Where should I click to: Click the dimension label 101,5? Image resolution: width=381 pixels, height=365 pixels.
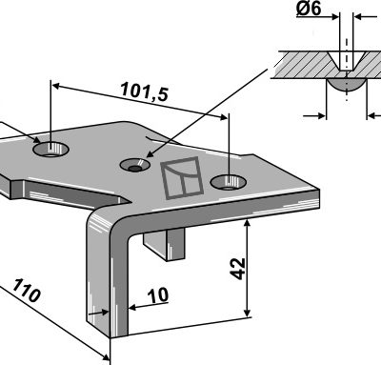coord(145,91)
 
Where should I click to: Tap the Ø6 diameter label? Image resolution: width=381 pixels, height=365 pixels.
coord(309,9)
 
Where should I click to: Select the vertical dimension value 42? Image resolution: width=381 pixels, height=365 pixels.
coord(238,269)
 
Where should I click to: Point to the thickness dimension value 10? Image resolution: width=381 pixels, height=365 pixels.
coord(158,295)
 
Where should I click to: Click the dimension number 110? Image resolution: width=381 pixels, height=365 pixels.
coord(27,291)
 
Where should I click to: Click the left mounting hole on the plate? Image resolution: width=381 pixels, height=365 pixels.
coord(50,150)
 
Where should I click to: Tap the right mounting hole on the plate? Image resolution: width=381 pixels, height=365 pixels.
coord(229,182)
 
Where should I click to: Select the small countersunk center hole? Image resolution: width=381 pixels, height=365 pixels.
coord(134,165)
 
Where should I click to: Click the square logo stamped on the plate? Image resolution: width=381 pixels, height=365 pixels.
coord(182,177)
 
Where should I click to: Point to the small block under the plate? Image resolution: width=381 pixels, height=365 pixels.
coord(165,244)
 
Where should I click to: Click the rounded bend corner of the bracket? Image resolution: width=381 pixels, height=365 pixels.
coord(105,222)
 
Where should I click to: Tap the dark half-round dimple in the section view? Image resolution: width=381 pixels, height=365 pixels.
coord(347,85)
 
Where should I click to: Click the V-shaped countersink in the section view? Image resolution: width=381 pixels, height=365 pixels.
coord(347,61)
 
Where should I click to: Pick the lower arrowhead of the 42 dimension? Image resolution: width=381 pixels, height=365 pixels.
coord(248,313)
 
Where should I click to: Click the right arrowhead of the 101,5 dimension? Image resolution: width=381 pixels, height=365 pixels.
coord(224,117)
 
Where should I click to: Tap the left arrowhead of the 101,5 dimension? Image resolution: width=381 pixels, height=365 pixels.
coord(56,86)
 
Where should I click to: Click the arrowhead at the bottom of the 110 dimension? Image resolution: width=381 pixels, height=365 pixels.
coord(105,357)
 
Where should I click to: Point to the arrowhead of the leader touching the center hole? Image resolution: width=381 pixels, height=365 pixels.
coord(150,154)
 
